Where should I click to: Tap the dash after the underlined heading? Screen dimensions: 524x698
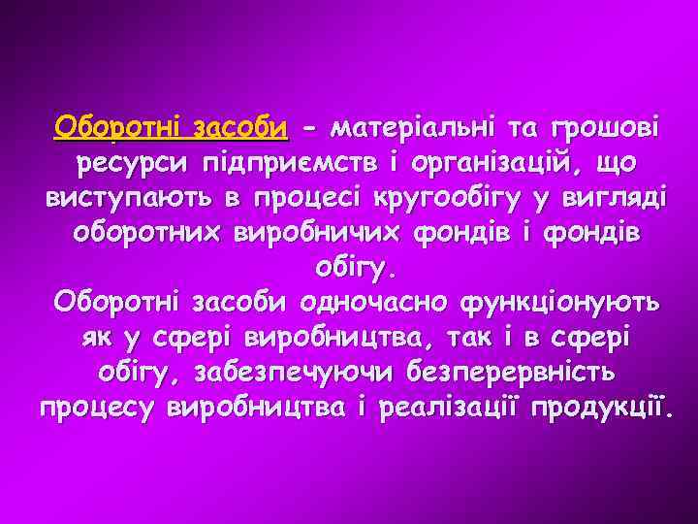[308, 128]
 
